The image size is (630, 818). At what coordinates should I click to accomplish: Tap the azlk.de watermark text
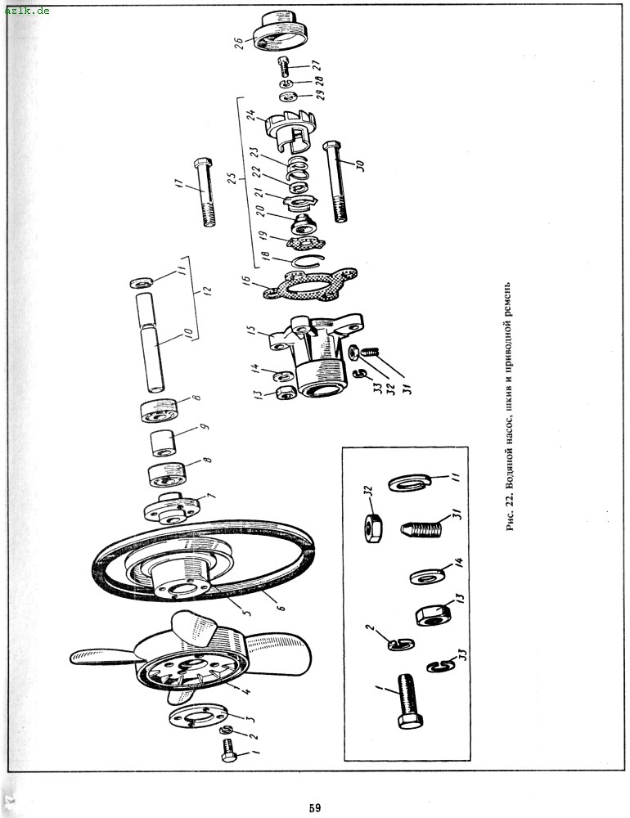click(27, 10)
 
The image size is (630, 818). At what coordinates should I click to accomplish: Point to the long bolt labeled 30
click(336, 181)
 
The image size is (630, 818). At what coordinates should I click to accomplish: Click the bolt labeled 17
click(204, 192)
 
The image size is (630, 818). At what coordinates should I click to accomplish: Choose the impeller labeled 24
click(292, 129)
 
